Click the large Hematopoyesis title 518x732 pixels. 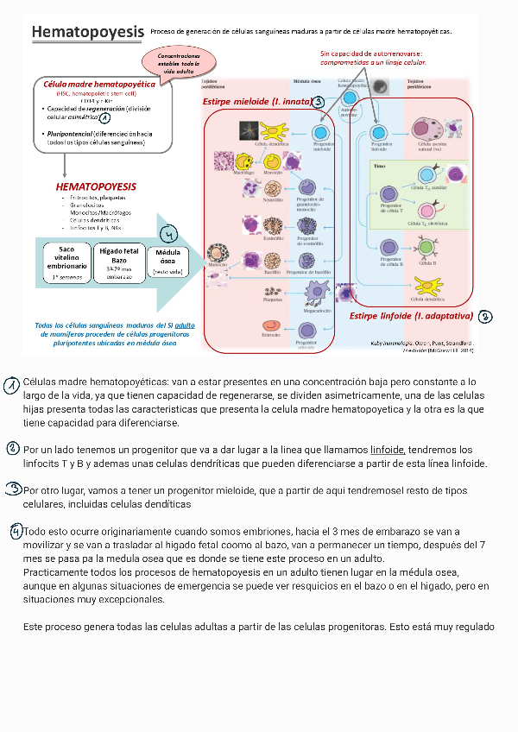pyautogui.click(x=87, y=33)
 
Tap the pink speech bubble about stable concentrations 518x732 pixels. pyautogui.click(x=179, y=62)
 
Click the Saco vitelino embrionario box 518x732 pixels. pyautogui.click(x=66, y=257)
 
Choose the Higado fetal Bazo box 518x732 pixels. pyautogui.click(x=119, y=258)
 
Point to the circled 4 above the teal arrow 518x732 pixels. pyautogui.click(x=169, y=236)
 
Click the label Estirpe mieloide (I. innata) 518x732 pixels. pyautogui.click(x=256, y=101)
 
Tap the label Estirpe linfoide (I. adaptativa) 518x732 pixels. pyautogui.click(x=411, y=316)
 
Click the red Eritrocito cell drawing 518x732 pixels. pyautogui.click(x=271, y=326)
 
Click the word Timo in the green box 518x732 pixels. pyautogui.click(x=380, y=164)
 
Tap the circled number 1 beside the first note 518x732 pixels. pyautogui.click(x=10, y=386)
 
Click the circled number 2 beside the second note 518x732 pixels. pyautogui.click(x=12, y=449)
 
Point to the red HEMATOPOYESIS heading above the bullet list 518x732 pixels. pyautogui.click(x=96, y=186)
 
